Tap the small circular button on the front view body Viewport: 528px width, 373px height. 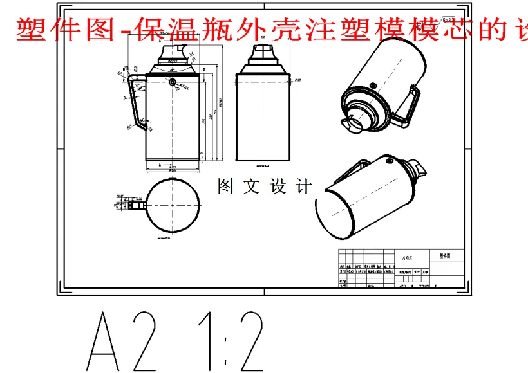pyautogui.click(x=173, y=81)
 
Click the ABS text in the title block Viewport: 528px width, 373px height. pyautogui.click(x=407, y=258)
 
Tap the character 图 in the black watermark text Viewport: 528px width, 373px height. pyautogui.click(x=226, y=186)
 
